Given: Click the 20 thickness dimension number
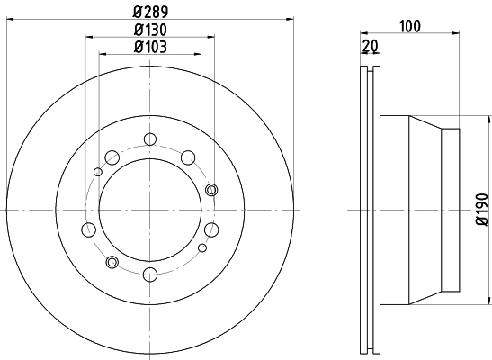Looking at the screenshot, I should point(370,48).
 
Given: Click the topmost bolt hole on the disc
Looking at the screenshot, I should point(149,139).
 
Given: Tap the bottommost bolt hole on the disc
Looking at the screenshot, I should point(149,274).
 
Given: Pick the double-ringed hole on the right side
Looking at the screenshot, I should point(211,189).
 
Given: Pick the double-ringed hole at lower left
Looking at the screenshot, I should point(112,262).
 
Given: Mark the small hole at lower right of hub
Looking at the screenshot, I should point(203,247).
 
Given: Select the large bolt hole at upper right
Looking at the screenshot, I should point(188,158).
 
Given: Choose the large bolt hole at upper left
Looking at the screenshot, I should point(112,158).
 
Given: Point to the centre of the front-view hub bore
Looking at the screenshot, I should point(149,209).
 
